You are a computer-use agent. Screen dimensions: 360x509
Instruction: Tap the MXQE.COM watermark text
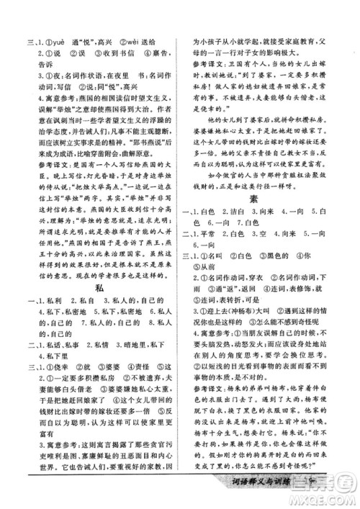pyautogui.click(x=330, y=501)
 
